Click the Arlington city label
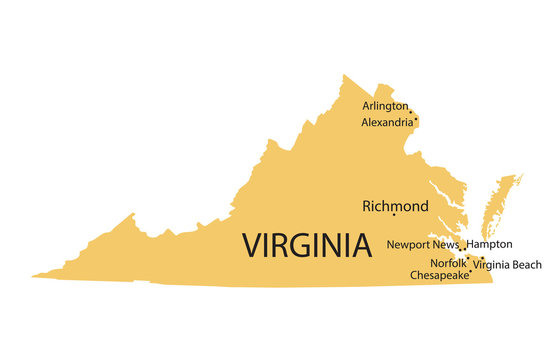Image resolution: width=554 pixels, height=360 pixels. click(x=385, y=105)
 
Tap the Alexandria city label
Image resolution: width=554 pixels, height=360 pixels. click(x=387, y=122)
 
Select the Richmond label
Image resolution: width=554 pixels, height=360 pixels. click(x=395, y=206)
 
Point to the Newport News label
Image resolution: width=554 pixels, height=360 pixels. click(x=423, y=244)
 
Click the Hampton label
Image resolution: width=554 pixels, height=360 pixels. click(x=490, y=244)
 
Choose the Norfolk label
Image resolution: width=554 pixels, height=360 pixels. click(x=449, y=262)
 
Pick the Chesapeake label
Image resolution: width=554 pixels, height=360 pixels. click(x=439, y=275)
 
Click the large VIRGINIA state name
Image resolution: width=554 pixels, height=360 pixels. click(x=306, y=244)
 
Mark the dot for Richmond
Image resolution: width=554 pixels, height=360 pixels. click(x=394, y=214)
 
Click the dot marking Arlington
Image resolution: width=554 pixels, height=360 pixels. click(x=410, y=111)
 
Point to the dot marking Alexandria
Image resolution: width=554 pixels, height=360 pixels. click(x=415, y=120)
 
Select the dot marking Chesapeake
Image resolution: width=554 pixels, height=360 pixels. click(x=471, y=271)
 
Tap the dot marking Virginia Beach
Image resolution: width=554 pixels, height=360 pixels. click(x=482, y=259)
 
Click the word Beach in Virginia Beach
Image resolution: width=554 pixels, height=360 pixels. click(x=526, y=265)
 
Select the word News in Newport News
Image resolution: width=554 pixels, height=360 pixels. click(x=447, y=244)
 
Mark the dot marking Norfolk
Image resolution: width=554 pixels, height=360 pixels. click(x=467, y=256)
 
